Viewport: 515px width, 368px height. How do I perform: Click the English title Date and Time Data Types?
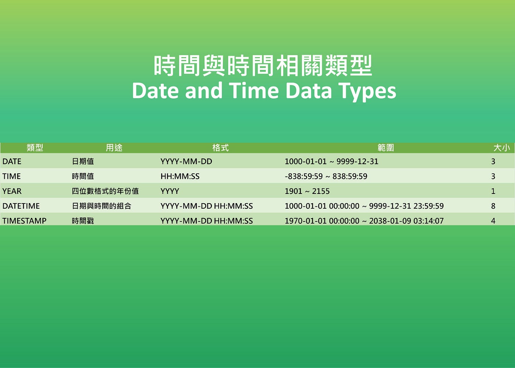pos(264,91)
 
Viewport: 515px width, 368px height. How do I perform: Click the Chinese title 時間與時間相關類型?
pos(263,66)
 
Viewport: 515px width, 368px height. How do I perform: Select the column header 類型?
pos(35,148)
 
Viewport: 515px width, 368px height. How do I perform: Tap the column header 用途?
pos(114,148)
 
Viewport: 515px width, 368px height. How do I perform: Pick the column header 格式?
pos(220,148)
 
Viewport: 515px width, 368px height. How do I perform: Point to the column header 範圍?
pos(386,148)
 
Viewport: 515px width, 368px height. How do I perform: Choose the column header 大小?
pos(501,148)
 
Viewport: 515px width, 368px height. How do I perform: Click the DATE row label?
pos(12,162)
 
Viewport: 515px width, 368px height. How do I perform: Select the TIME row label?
pos(11,176)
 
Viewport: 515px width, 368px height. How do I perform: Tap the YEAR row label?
pos(12,191)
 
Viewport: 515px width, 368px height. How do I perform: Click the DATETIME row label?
pos(21,206)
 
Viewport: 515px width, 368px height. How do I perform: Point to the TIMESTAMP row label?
pos(24,221)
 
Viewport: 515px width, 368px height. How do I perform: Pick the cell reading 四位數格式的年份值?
pos(105,191)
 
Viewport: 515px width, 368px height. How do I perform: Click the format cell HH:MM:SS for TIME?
pos(180,176)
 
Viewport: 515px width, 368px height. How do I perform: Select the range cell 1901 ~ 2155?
pos(307,191)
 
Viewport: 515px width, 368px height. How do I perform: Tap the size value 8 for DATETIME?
pos(493,206)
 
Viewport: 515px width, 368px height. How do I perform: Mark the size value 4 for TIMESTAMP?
pos(493,221)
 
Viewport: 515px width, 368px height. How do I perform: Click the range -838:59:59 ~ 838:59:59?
pos(326,176)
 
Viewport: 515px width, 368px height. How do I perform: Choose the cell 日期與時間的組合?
pos(102,206)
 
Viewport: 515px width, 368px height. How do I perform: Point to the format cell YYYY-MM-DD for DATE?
pos(186,162)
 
